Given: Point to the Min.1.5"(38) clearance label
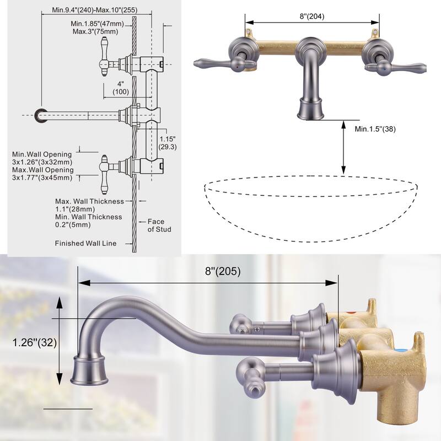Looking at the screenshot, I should [x=375, y=129].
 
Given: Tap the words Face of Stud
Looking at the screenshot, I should [x=159, y=225].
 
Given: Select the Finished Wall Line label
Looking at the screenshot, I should [x=85, y=243].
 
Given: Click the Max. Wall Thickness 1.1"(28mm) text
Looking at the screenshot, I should [x=89, y=205].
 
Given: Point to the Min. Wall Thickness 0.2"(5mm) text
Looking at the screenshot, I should [x=89, y=221].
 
